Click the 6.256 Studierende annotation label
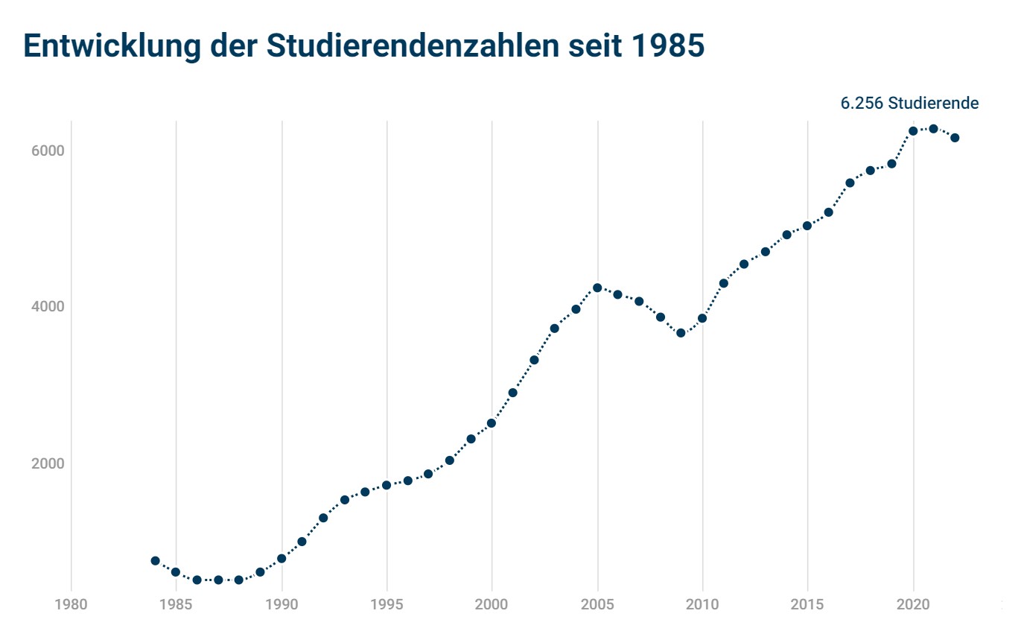click(x=909, y=104)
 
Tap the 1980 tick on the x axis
click(x=71, y=601)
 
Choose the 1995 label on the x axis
click(x=387, y=601)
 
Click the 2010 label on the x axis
click(x=702, y=601)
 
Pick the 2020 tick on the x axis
click(x=913, y=601)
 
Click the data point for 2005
click(x=597, y=288)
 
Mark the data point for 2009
click(x=681, y=333)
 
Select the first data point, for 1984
click(x=155, y=560)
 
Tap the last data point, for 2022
click(x=955, y=138)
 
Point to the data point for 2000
click(x=492, y=423)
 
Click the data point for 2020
click(x=913, y=131)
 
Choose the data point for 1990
click(x=282, y=558)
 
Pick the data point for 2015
click(x=807, y=226)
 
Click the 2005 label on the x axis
click(x=597, y=601)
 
